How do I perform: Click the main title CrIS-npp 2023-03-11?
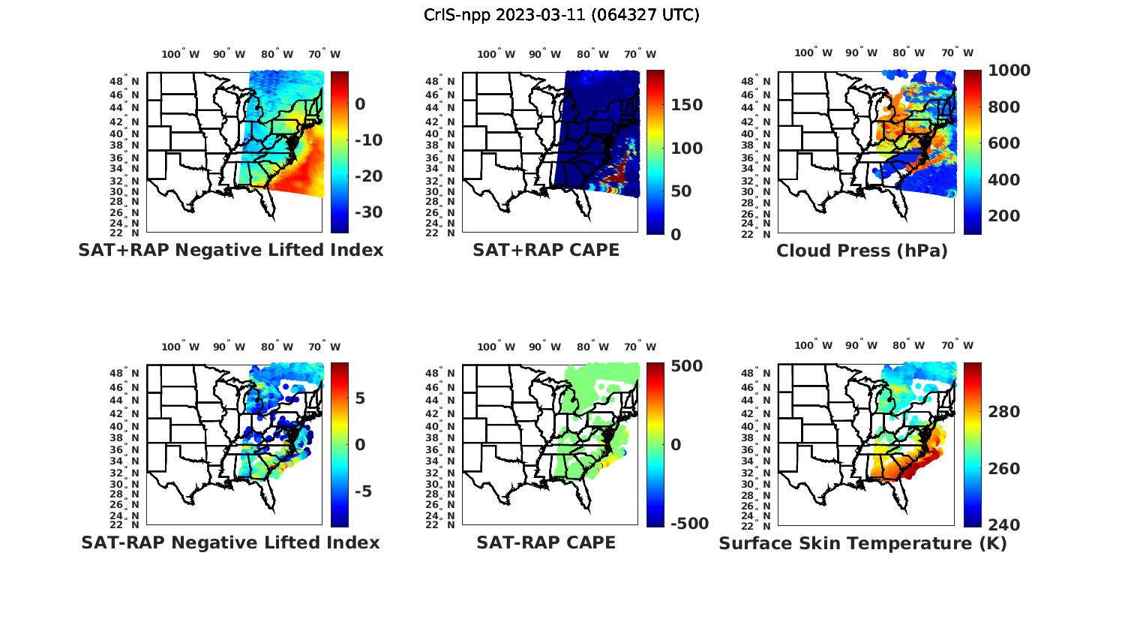point(561,15)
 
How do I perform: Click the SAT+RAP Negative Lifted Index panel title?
point(231,250)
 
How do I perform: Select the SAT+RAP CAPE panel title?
point(546,250)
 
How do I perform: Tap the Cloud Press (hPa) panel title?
point(862,251)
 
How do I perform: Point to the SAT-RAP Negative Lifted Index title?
point(231,542)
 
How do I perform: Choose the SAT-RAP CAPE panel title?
point(546,542)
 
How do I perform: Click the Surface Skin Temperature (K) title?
point(862,543)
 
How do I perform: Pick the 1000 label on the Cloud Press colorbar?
point(1009,71)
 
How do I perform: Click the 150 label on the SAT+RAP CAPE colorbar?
point(686,105)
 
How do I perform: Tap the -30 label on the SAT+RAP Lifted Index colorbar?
point(367,212)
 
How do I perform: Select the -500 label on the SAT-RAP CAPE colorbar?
point(688,524)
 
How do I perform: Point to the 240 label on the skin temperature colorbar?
point(1004,524)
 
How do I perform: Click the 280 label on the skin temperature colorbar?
point(1004,412)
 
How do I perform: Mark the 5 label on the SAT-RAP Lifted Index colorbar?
point(360,398)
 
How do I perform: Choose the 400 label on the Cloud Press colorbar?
point(1004,179)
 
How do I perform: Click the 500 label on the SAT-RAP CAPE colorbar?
point(686,366)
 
